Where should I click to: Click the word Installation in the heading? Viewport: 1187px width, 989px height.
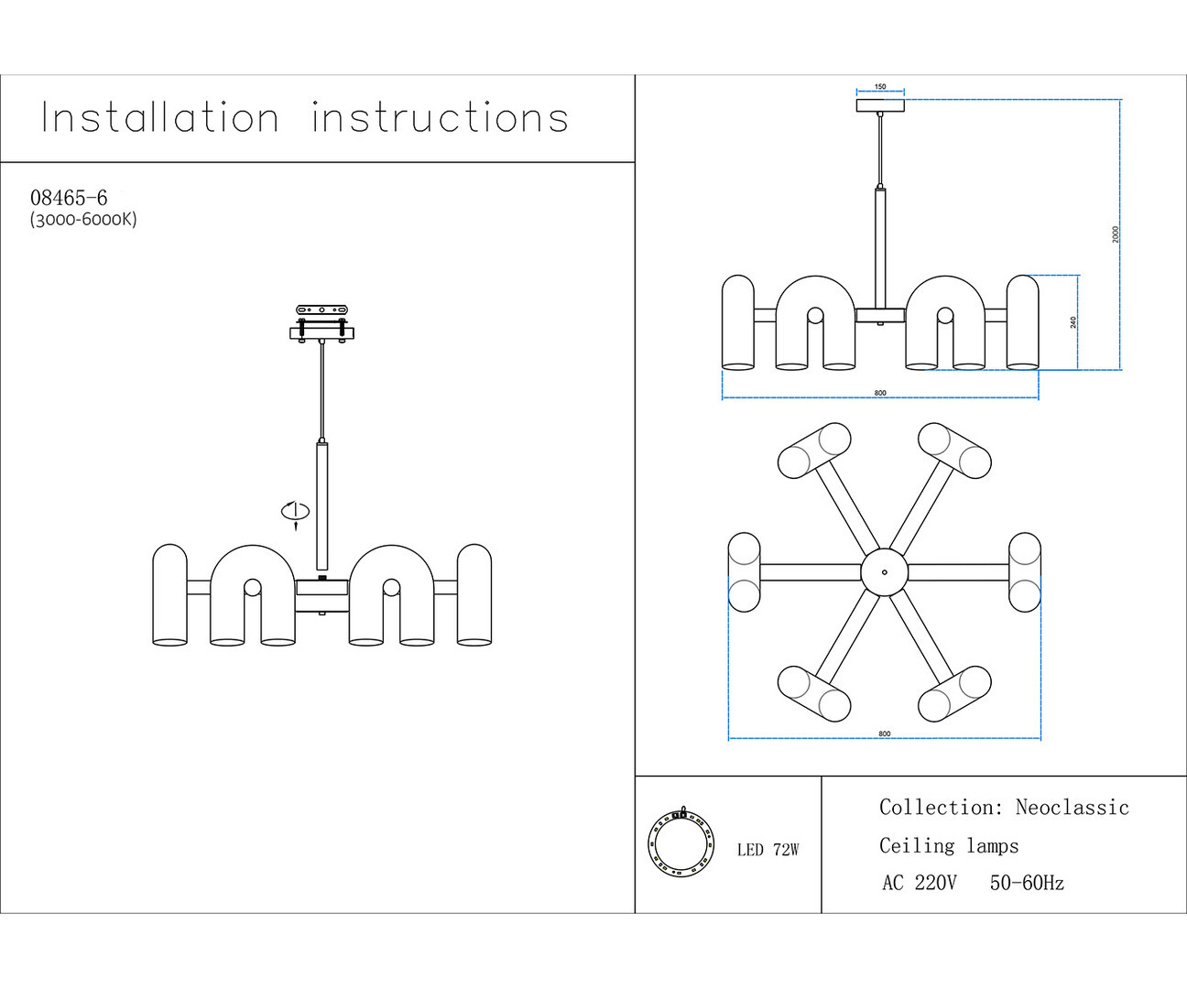[x=160, y=118]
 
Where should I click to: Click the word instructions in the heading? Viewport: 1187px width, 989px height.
[x=440, y=118]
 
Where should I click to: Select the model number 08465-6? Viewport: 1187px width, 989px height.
[x=69, y=198]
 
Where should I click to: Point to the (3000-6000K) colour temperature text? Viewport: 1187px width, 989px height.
[x=83, y=220]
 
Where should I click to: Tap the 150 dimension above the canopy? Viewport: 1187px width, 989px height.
[x=880, y=87]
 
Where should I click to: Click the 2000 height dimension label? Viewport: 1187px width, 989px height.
[x=1116, y=234]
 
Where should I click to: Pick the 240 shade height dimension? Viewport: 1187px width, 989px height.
[x=1073, y=322]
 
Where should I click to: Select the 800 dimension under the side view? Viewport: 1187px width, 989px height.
[x=880, y=393]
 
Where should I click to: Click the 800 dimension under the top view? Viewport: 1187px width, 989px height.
[x=884, y=734]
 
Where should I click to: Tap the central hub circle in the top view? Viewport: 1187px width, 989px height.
[x=884, y=572]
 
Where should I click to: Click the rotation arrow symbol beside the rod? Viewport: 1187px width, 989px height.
[x=295, y=514]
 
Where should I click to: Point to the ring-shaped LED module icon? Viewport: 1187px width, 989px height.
[x=680, y=842]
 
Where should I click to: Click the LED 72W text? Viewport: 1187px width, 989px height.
[x=768, y=850]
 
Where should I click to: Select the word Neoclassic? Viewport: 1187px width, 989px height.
[x=1072, y=808]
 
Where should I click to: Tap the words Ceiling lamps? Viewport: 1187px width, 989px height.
[x=949, y=846]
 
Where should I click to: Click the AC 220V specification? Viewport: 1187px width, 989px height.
[x=919, y=884]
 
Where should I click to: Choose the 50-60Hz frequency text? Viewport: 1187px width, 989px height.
[x=1027, y=884]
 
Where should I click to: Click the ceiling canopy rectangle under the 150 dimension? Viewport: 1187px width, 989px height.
[x=880, y=105]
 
